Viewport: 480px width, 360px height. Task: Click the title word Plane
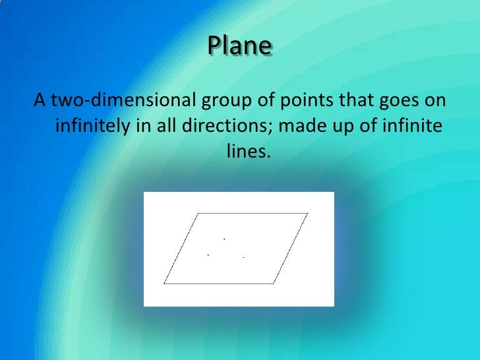pos(240,47)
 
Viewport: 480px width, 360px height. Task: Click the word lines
pos(249,151)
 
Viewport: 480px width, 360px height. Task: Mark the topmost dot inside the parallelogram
pos(225,238)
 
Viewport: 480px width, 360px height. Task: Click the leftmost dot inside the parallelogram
pos(208,254)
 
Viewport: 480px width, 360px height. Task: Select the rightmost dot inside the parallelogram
pos(244,256)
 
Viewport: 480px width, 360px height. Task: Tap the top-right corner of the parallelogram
pos(307,213)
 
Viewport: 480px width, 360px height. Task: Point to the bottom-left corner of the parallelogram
pos(164,284)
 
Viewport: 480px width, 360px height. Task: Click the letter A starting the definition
pos(40,101)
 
